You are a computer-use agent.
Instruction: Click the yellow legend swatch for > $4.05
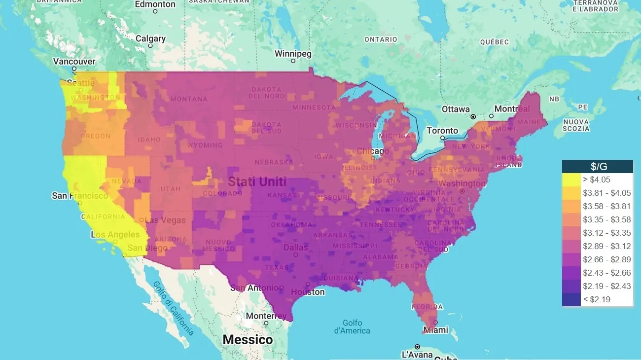tap(571, 180)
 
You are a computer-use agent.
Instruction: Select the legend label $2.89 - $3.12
tap(607, 246)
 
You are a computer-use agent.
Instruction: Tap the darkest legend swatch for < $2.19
tap(571, 299)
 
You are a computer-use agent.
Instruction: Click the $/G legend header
tap(598, 166)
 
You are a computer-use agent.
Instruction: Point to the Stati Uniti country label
tap(256, 182)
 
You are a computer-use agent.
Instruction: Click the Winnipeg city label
tap(293, 53)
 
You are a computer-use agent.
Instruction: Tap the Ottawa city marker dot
tap(473, 117)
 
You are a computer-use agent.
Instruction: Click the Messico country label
tap(248, 340)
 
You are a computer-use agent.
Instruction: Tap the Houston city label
tap(308, 292)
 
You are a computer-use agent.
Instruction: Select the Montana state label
tap(189, 99)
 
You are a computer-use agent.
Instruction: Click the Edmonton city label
tap(155, 4)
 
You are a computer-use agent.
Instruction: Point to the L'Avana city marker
tap(417, 346)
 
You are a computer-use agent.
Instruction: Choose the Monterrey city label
tap(266, 316)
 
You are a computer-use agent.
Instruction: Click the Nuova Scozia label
tap(576, 125)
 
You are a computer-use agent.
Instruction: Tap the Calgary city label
tap(150, 38)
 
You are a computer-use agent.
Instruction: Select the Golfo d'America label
tap(352, 326)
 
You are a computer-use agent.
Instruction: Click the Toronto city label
tap(442, 131)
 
